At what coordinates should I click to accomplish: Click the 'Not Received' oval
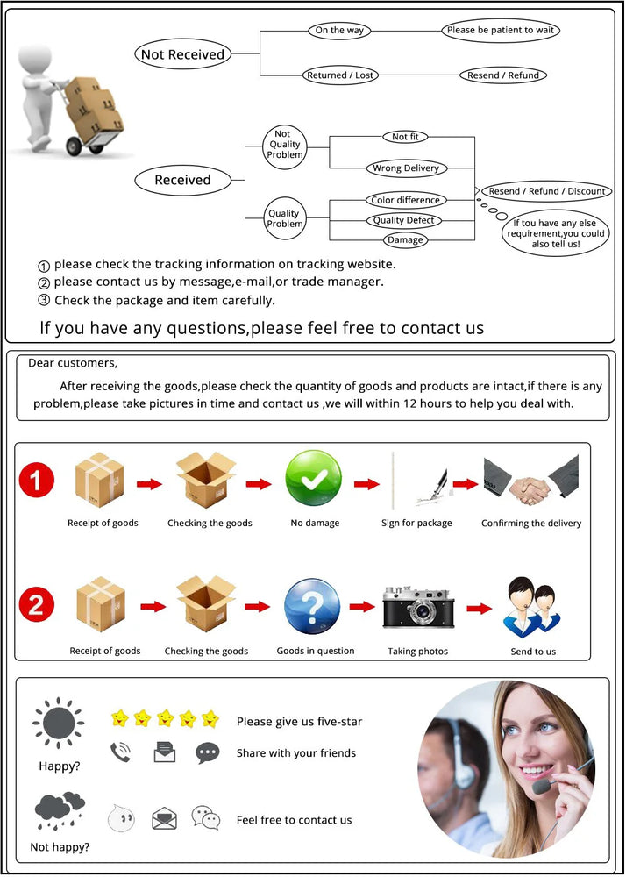182,54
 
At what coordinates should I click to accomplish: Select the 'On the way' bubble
339,31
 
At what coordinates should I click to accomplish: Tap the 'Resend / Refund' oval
503,75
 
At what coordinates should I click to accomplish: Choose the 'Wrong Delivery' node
405,168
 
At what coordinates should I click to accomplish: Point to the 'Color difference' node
405,200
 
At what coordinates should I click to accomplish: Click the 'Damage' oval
405,239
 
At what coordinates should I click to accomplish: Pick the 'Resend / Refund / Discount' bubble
547,191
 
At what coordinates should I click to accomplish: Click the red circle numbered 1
37,480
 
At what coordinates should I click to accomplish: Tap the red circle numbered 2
37,604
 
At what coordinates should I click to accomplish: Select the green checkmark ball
313,480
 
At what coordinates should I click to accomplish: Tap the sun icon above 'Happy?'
59,725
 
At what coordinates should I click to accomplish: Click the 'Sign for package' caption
416,524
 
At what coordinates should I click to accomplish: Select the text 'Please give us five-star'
299,722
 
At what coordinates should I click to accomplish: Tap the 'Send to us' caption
533,652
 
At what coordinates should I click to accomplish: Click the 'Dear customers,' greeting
73,362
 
